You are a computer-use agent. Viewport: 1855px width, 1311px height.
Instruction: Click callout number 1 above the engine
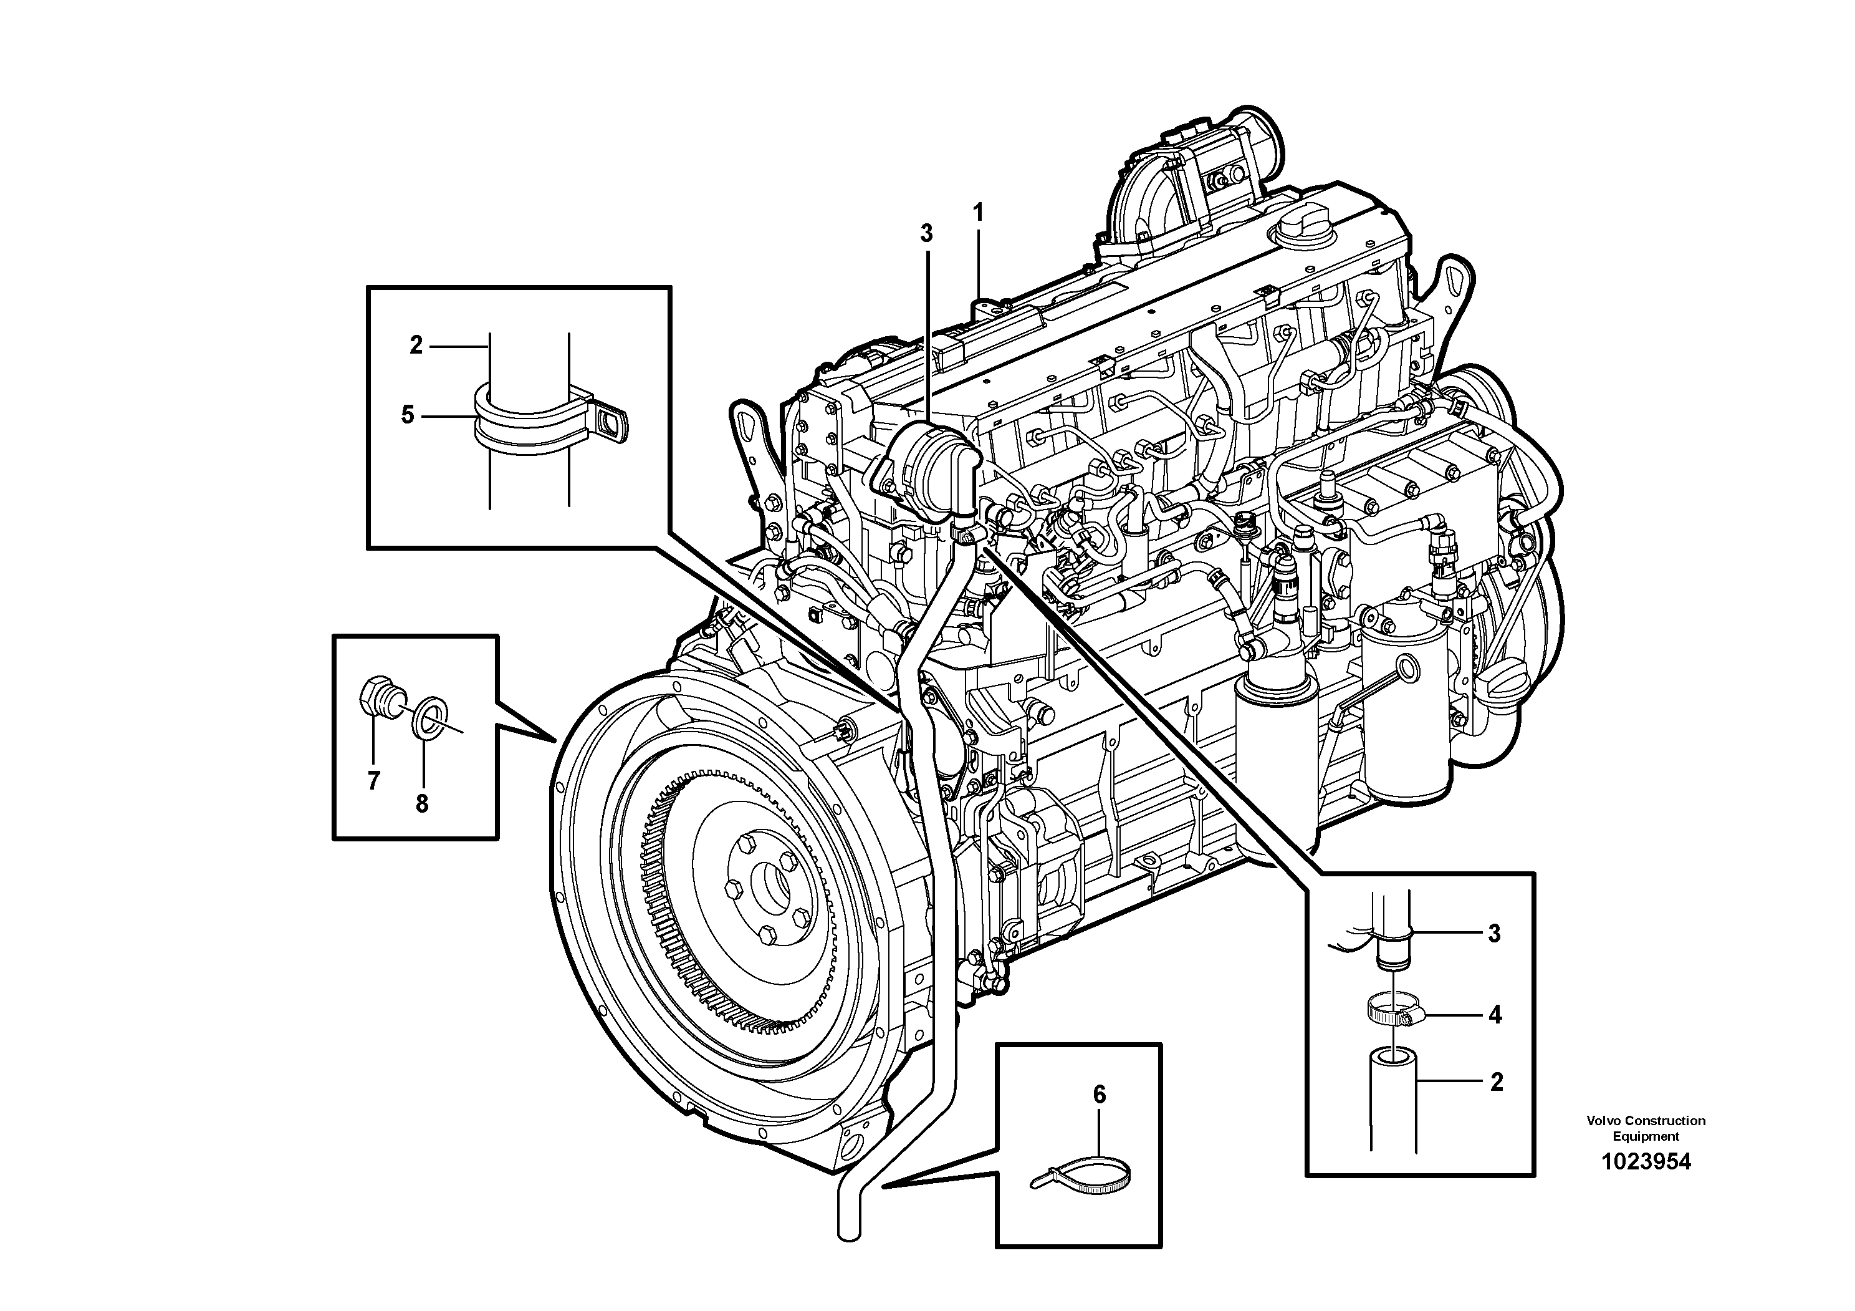(979, 214)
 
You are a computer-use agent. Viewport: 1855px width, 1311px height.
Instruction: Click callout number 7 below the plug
(373, 781)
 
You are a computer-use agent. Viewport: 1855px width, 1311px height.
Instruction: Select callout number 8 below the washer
(422, 803)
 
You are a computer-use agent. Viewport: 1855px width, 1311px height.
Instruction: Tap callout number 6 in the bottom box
(1099, 1095)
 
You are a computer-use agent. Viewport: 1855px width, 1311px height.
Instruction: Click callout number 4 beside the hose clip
(1495, 1015)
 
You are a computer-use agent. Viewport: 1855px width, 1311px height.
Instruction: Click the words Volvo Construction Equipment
(1645, 1128)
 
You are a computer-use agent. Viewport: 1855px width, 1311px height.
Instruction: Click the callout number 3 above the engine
(927, 234)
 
